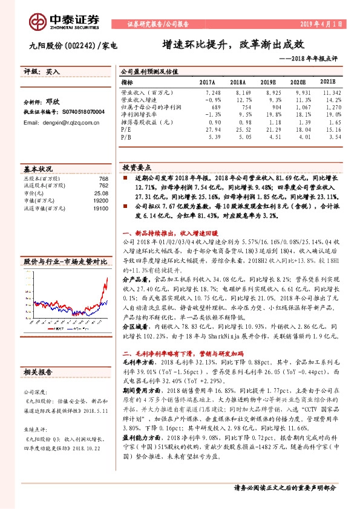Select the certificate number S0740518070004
[x=81, y=112]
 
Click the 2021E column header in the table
[x=327, y=82]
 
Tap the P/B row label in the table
[x=126, y=137]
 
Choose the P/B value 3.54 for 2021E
[x=335, y=137]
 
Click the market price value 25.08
[x=100, y=194]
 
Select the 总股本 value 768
[x=103, y=179]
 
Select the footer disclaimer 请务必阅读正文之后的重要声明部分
[x=285, y=487]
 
